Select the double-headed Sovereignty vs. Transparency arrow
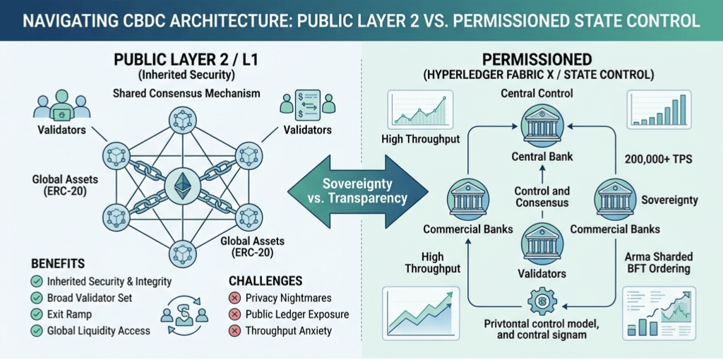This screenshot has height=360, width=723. tap(359, 189)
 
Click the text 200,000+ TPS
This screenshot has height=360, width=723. tap(657, 160)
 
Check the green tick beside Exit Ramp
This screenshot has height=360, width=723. tap(36, 314)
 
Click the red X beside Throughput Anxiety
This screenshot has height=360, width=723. tap(234, 330)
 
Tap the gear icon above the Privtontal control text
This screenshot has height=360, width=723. tap(543, 301)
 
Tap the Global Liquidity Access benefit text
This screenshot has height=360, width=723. tap(99, 330)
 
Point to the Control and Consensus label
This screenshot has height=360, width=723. tap(542, 197)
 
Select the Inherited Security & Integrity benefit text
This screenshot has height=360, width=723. tap(109, 281)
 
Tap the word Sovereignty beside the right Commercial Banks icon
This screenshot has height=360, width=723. tap(669, 200)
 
